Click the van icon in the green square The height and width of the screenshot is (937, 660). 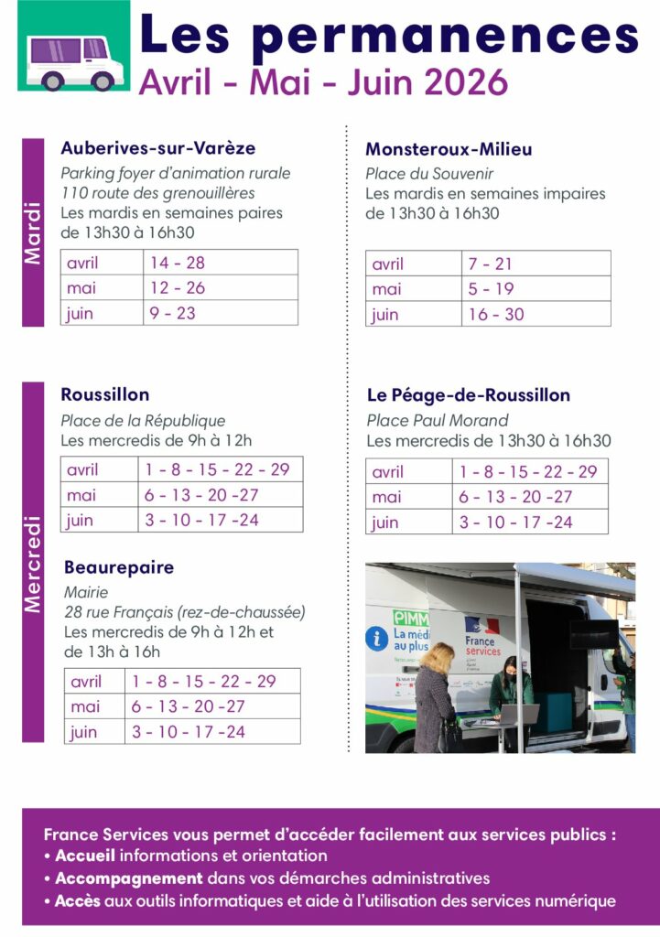(68, 59)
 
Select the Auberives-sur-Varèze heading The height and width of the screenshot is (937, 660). (157, 147)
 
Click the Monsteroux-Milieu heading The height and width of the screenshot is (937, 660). (449, 149)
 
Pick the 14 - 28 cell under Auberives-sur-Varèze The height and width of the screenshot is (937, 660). (178, 263)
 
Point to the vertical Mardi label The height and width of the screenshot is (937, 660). (33, 232)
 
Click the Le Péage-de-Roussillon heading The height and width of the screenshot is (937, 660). (468, 395)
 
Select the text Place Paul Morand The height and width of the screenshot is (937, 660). (437, 421)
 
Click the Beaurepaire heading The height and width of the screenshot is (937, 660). (118, 567)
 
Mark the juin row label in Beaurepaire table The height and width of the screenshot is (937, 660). (83, 732)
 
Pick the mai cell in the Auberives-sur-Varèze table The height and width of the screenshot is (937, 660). (81, 287)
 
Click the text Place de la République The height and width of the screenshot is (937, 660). (143, 421)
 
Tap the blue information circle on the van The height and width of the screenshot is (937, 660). (376, 638)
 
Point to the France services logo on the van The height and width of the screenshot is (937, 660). (482, 637)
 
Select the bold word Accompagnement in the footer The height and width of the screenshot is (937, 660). (128, 878)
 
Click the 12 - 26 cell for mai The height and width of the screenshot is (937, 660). (178, 287)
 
